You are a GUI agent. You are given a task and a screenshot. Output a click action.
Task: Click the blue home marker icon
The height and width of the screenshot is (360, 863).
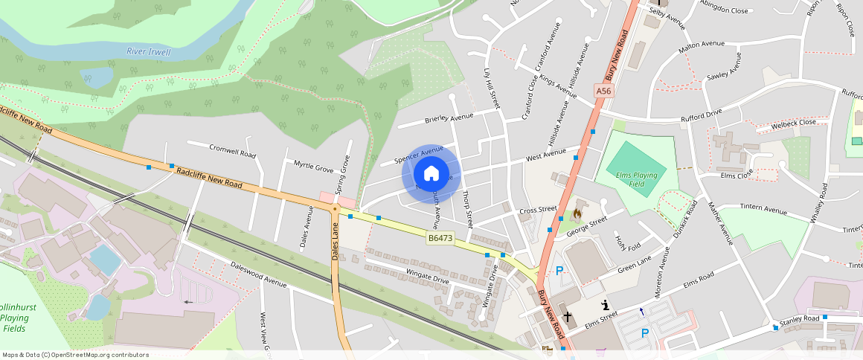click(431, 174)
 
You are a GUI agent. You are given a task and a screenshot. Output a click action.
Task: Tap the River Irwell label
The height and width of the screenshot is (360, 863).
click(148, 52)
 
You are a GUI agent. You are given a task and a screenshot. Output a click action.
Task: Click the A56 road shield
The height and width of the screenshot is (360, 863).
click(603, 91)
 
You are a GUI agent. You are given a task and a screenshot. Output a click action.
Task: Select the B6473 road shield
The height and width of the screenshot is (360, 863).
click(440, 238)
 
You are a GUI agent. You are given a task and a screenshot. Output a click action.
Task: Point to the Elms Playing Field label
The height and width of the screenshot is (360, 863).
click(638, 179)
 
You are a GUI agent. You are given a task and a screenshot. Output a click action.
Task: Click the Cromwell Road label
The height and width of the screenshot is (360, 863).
click(232, 151)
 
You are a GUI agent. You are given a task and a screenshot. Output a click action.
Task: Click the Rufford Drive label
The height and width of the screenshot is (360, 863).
click(702, 117)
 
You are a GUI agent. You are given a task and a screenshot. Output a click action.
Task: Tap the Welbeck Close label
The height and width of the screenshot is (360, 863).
click(793, 122)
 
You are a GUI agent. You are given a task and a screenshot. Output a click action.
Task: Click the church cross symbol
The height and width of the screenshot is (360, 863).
click(568, 317)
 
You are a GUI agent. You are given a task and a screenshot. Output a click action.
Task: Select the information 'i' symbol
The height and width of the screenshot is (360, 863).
click(606, 303)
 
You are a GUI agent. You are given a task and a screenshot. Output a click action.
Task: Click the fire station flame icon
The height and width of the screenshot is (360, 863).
click(575, 214)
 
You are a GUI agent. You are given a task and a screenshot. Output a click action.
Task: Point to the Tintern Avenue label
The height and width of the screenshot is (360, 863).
click(763, 209)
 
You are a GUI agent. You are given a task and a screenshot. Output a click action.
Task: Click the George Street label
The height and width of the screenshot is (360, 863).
click(586, 227)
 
